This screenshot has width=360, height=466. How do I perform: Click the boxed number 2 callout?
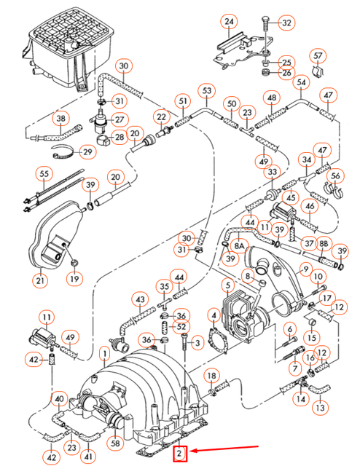pos(180,455)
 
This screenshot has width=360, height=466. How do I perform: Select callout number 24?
pos(230,23)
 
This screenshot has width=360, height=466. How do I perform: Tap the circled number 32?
pos(286,23)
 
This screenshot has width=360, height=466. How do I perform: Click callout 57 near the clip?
pos(317,56)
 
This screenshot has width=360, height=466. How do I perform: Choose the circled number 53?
pos(208,91)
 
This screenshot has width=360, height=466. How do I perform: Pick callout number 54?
pos(302,83)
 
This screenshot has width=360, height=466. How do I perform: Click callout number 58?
pos(114,443)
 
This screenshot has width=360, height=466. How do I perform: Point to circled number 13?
pos(320,408)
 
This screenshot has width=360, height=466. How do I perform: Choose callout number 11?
pos(47,317)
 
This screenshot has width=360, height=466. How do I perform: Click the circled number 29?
pos(87,151)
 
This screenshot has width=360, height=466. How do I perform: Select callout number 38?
pos(60,118)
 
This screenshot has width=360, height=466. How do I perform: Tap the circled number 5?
pos(228,285)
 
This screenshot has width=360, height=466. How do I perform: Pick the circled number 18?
pos(211,375)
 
